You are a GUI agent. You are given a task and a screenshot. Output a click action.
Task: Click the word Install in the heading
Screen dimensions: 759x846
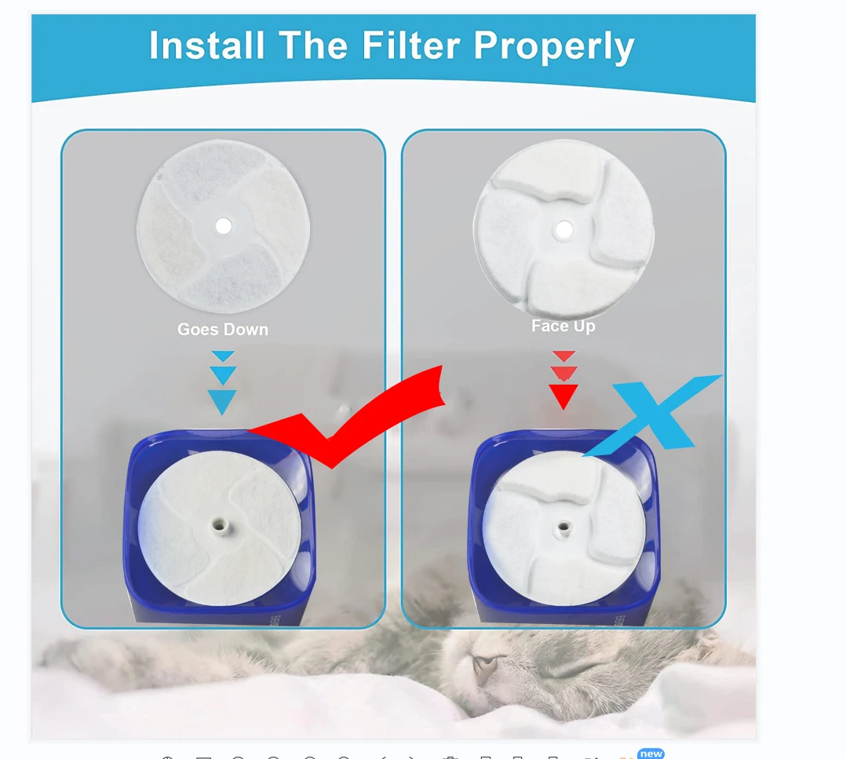[207, 46]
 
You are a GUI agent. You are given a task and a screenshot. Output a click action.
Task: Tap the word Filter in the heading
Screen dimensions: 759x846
[413, 46]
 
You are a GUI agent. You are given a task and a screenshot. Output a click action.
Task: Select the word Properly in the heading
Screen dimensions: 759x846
[553, 48]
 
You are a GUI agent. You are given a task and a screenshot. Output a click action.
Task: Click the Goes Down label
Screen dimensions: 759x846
[223, 330]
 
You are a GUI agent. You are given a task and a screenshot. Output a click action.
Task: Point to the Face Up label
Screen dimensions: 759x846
[563, 326]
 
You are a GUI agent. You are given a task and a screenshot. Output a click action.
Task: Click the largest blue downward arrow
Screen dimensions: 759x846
[223, 401]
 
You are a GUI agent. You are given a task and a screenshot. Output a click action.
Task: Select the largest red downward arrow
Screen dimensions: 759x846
[563, 396]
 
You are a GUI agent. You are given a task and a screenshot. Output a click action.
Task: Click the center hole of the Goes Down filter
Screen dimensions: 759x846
[224, 226]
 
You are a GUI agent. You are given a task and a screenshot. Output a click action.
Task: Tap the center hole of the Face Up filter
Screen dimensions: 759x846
[563, 230]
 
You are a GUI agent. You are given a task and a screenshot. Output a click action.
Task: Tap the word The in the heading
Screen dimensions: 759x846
[313, 46]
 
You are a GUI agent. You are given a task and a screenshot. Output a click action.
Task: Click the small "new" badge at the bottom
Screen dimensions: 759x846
[651, 754]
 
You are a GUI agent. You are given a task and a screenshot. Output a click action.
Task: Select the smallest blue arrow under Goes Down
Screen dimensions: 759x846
[223, 356]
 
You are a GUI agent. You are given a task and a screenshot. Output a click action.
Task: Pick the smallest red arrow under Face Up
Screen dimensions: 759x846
[563, 356]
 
